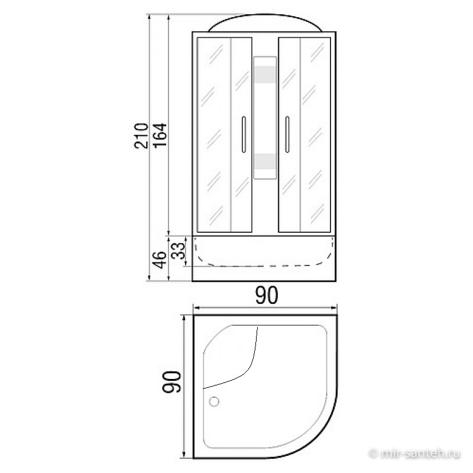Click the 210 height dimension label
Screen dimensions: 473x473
[141, 136]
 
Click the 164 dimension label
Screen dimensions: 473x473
[160, 135]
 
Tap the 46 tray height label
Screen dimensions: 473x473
[160, 260]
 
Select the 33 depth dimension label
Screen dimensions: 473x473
[178, 251]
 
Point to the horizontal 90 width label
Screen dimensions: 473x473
[267, 295]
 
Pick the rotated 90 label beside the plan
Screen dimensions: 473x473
[171, 381]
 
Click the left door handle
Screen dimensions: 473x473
[244, 134]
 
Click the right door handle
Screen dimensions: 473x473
[287, 134]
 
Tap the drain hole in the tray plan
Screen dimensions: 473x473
[214, 401]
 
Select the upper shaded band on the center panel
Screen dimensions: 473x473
[265, 74]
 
